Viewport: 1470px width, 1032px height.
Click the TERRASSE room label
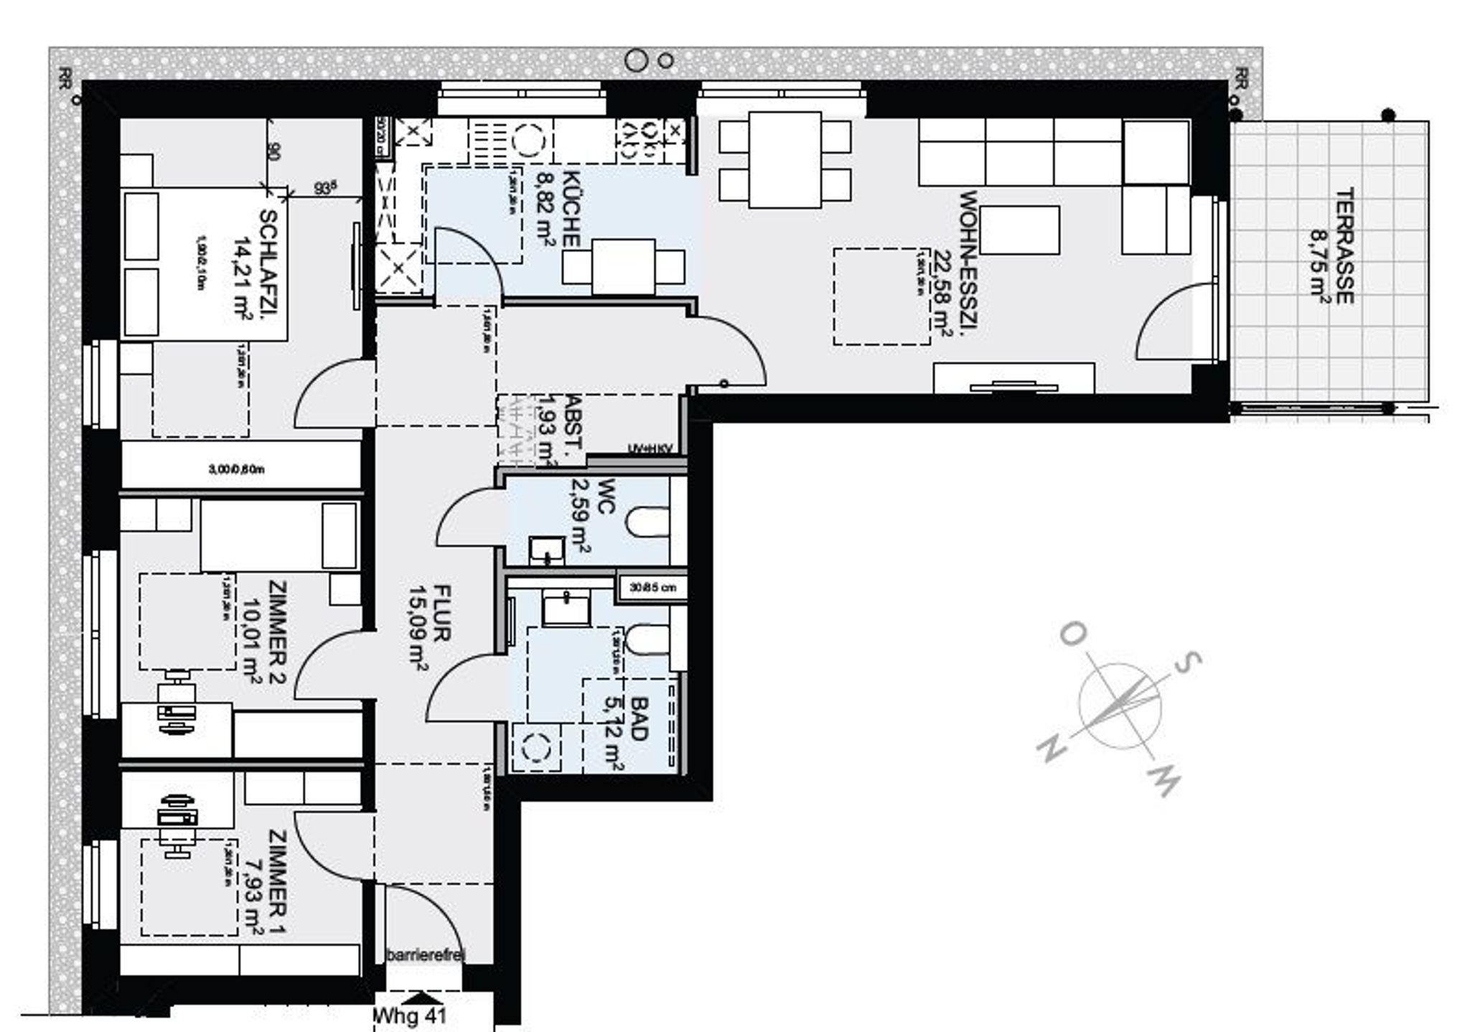[x=1344, y=245]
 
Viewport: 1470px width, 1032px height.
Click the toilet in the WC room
[x=647, y=523]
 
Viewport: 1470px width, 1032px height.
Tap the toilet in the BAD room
[x=647, y=640]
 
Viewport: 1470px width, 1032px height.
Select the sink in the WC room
[x=547, y=550]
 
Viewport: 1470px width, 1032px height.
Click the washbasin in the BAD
[x=566, y=609]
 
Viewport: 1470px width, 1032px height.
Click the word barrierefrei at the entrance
[x=425, y=955]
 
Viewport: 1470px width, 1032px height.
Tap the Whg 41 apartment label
[x=411, y=1016]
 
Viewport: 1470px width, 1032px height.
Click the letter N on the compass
[x=1052, y=750]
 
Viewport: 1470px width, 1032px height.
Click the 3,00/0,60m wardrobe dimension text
[x=236, y=469]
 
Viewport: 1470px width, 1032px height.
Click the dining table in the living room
[x=785, y=159]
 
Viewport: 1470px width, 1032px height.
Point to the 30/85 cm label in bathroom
[x=652, y=588]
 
